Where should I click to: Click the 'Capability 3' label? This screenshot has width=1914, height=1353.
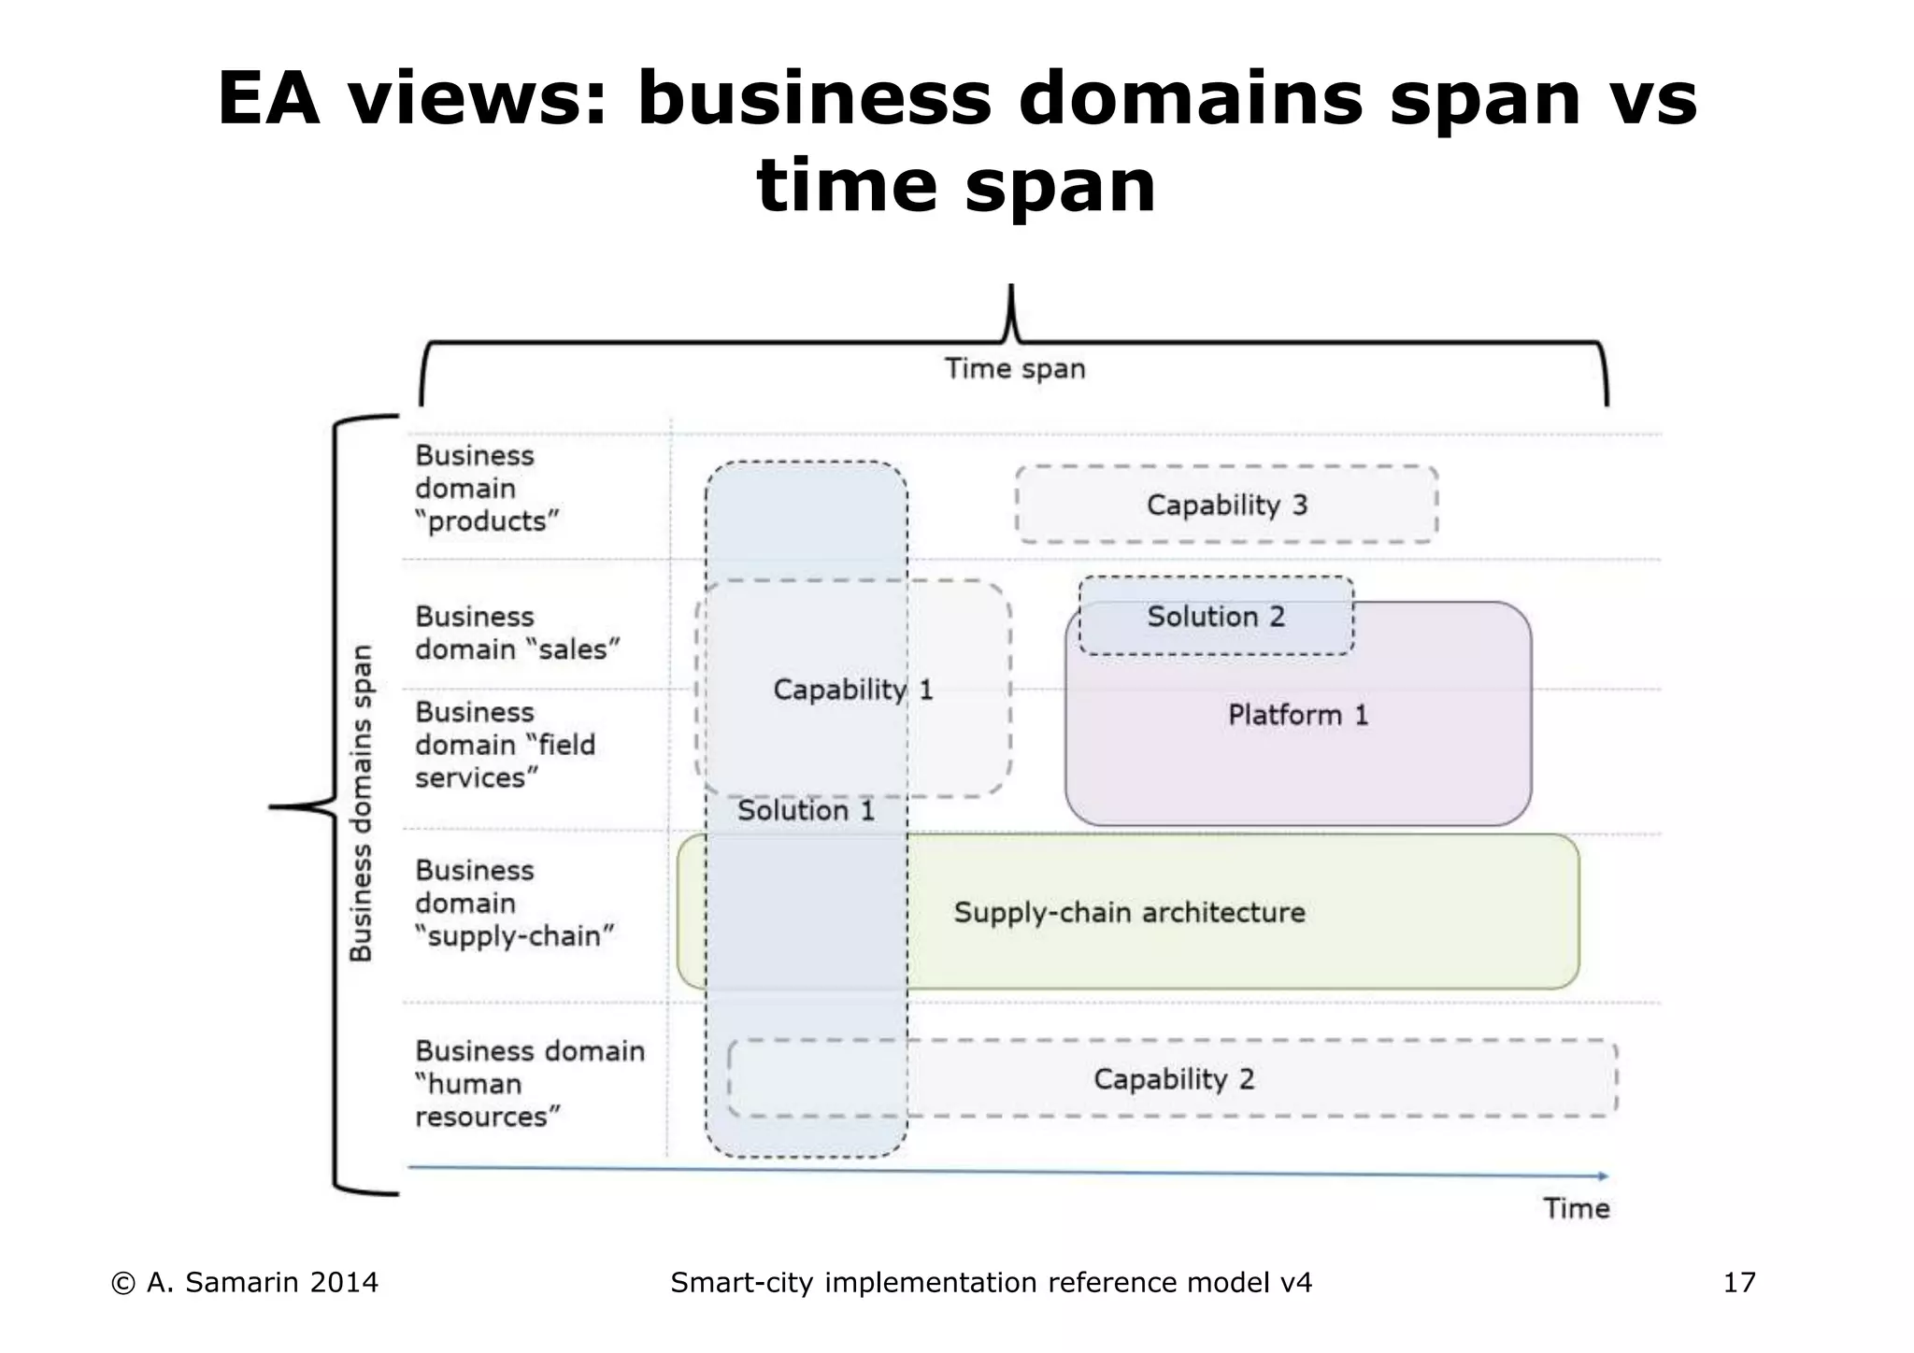coord(1226,506)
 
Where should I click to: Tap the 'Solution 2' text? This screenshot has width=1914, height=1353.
coord(1216,617)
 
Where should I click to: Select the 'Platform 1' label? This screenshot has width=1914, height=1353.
coord(1297,716)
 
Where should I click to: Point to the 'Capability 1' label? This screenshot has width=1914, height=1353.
coord(852,691)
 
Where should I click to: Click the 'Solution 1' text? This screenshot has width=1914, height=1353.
coord(806,810)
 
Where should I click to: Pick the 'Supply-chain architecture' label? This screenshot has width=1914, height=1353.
coord(1129,912)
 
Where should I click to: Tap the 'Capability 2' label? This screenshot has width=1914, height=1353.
coord(1174,1079)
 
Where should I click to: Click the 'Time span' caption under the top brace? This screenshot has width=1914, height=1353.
coord(1015,369)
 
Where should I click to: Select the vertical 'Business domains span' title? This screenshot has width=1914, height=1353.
coord(362,803)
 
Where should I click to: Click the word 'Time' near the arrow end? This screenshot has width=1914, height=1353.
coord(1577,1209)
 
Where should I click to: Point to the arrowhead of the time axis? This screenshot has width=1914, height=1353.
coord(1603,1175)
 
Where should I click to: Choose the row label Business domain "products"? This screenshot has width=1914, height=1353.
coord(486,489)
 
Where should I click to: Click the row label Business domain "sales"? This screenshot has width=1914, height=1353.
coord(517,634)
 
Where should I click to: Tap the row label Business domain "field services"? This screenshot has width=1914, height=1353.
coord(505,745)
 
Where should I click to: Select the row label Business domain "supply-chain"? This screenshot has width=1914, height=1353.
coord(514,904)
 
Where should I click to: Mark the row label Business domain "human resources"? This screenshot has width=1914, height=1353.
coord(529,1084)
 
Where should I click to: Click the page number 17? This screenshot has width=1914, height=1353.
coord(1739,1283)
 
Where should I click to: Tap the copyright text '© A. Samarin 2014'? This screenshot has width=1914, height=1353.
coord(245,1283)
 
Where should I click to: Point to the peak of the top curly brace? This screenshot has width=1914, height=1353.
coord(1011,290)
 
